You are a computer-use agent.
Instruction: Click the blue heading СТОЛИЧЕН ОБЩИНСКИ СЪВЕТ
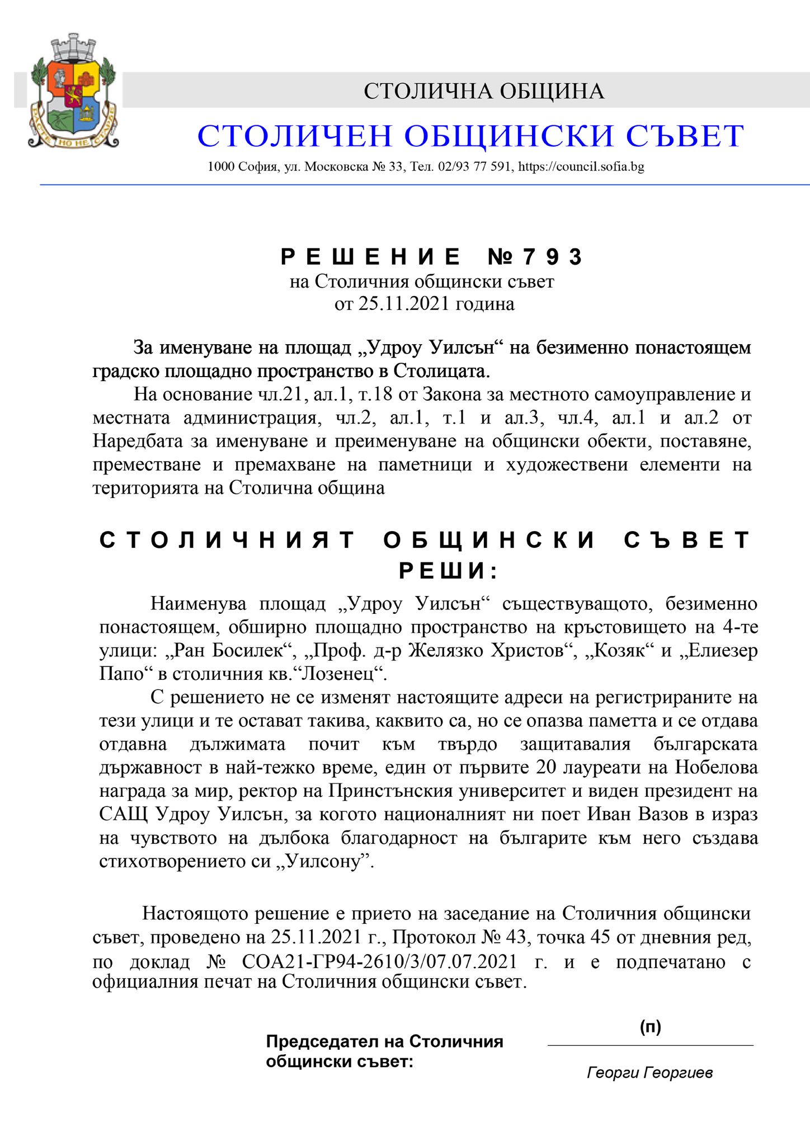click(x=470, y=136)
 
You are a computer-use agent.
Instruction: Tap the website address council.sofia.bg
click(x=581, y=167)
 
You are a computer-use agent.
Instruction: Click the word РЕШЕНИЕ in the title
click(x=371, y=257)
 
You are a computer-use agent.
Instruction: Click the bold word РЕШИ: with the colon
click(x=448, y=571)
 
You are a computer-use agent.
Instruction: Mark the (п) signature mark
click(x=651, y=1027)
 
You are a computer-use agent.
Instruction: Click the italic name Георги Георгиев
click(x=650, y=1073)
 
